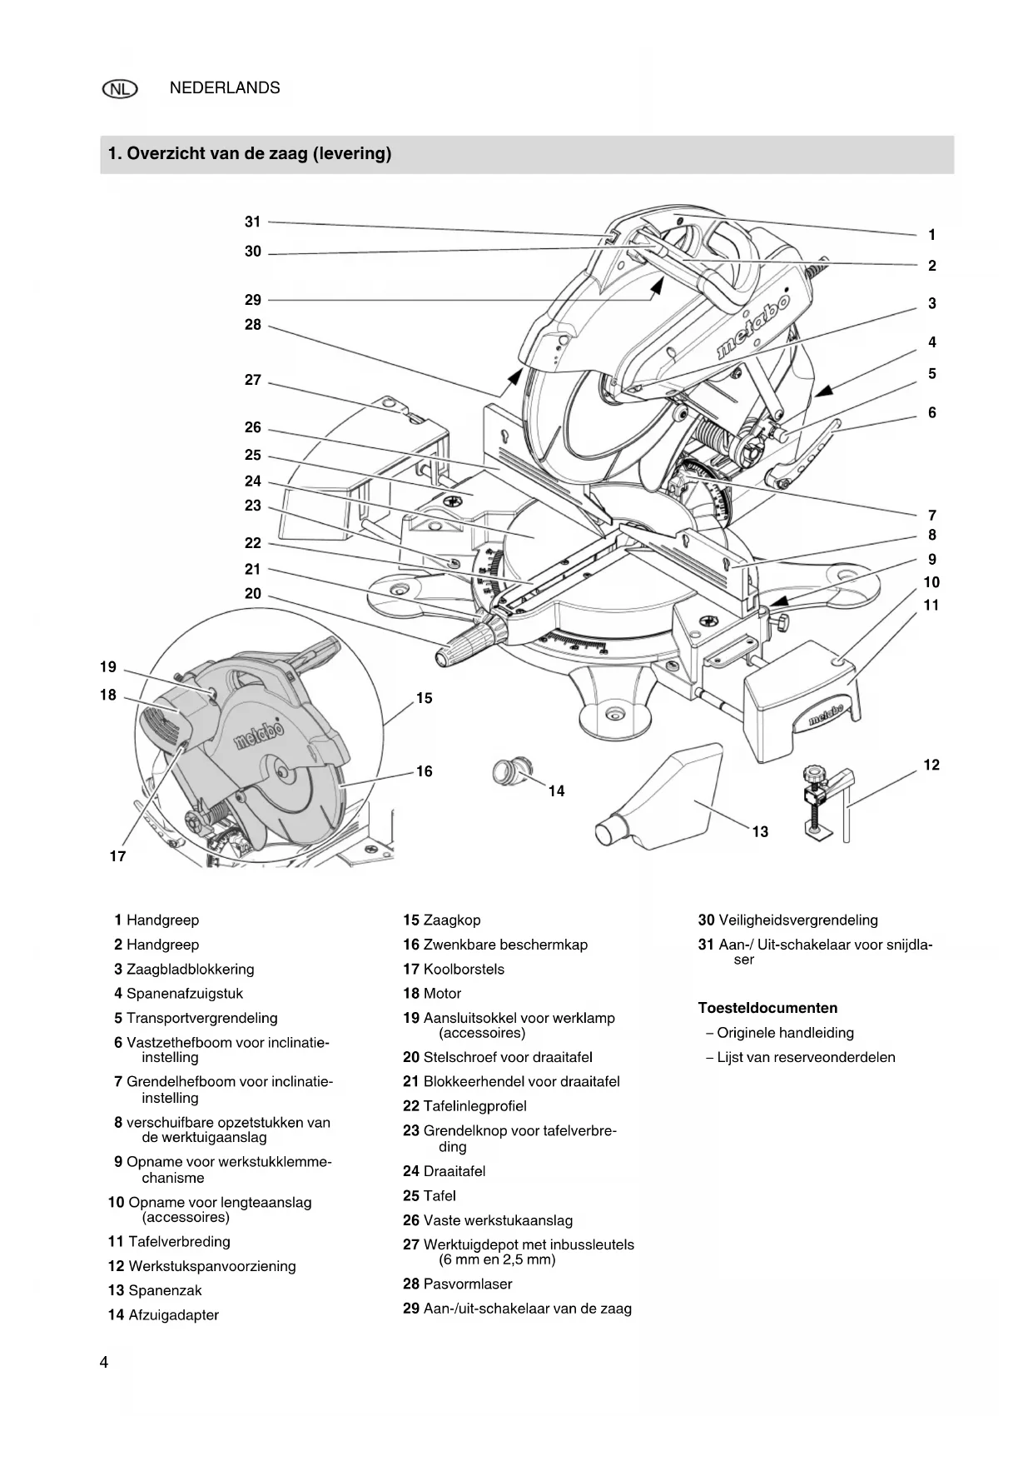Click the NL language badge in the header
tap(120, 89)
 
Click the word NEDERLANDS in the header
tap(225, 88)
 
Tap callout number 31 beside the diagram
tap(253, 222)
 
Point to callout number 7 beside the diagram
tap(932, 516)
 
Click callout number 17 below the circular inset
tap(117, 856)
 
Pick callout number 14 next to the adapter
tap(556, 791)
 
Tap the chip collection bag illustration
tap(658, 798)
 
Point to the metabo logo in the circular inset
tap(257, 733)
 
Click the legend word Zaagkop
tap(452, 920)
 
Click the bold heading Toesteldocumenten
tap(767, 1008)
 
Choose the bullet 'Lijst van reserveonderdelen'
tap(801, 1058)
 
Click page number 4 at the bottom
tap(104, 1363)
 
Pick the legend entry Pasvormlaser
tap(458, 1284)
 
